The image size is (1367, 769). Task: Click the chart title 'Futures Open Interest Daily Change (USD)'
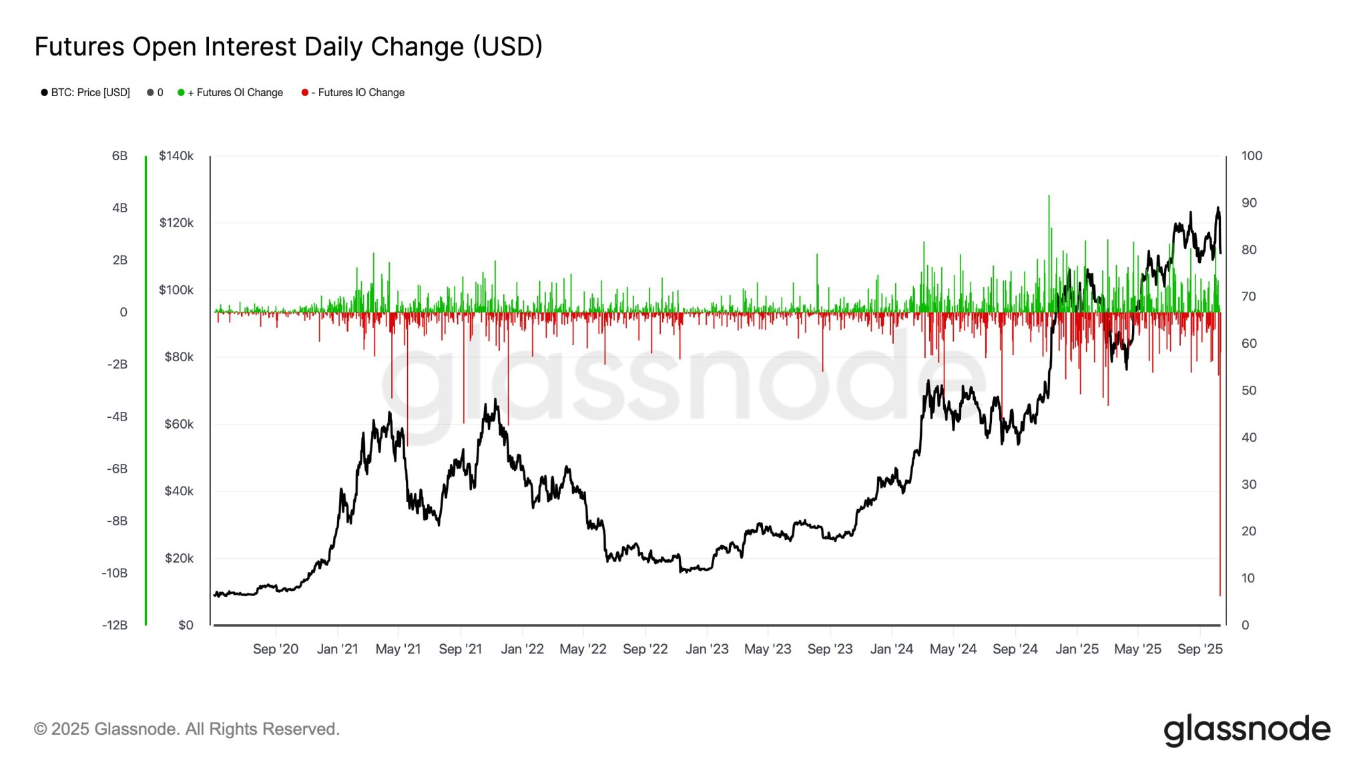[x=288, y=47]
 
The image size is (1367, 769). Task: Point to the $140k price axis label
[x=176, y=156]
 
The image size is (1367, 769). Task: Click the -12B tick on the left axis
[x=115, y=625]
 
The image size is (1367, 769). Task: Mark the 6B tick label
[x=119, y=156]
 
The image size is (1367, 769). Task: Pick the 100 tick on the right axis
[x=1252, y=156]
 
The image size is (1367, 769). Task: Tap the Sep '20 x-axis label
[x=276, y=649]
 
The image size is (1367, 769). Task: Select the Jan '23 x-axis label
[x=707, y=649]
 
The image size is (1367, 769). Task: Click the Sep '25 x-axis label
[x=1199, y=649]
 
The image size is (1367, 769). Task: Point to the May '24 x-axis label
[x=952, y=649]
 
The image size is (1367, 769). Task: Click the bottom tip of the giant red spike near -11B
[x=1220, y=594]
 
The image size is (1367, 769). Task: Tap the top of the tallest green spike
[x=1049, y=196]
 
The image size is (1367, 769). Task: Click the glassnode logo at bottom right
[x=1247, y=730]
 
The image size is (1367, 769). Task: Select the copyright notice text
[x=187, y=729]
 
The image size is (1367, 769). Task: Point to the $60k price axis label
[x=179, y=425]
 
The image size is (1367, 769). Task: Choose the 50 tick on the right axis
[x=1248, y=391]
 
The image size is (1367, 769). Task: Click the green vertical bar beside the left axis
[x=146, y=391]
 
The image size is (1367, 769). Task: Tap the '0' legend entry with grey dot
[x=156, y=93]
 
